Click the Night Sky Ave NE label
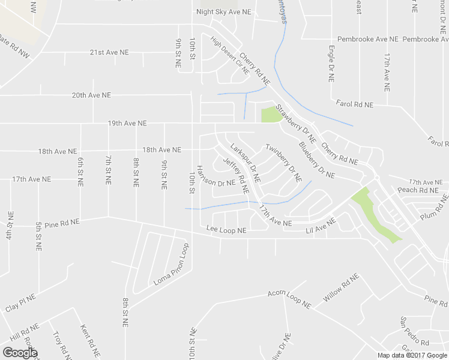(x=223, y=11)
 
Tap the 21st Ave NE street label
(x=109, y=52)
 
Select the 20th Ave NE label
(x=91, y=95)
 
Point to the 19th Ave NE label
(x=127, y=123)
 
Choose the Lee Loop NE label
(x=226, y=230)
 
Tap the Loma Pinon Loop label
(x=171, y=265)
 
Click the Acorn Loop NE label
(x=289, y=299)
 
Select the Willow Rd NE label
(x=340, y=288)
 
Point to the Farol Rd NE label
(x=355, y=104)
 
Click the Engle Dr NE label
(x=331, y=62)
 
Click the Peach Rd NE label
(x=418, y=190)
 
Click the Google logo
(x=20, y=352)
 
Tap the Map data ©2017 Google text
(x=412, y=355)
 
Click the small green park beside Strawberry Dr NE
(x=271, y=114)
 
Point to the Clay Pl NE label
(x=21, y=302)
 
